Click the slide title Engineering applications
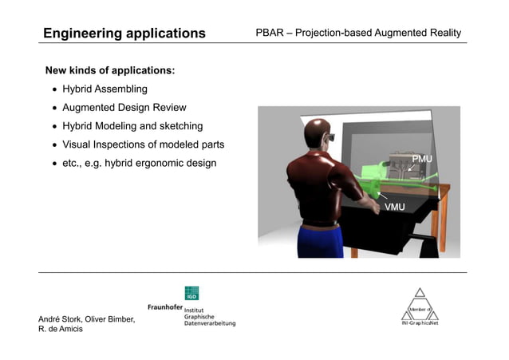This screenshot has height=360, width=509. coord(124,34)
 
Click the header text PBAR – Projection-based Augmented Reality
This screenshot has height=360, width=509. coord(357,34)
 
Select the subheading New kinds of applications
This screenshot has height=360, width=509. coord(110,70)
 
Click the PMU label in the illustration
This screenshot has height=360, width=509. coord(421,160)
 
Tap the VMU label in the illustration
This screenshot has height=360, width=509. coord(394,207)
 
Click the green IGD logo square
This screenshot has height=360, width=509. coord(191,293)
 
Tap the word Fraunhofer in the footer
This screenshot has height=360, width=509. coord(164,307)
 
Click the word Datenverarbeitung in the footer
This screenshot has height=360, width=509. coord(210,322)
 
